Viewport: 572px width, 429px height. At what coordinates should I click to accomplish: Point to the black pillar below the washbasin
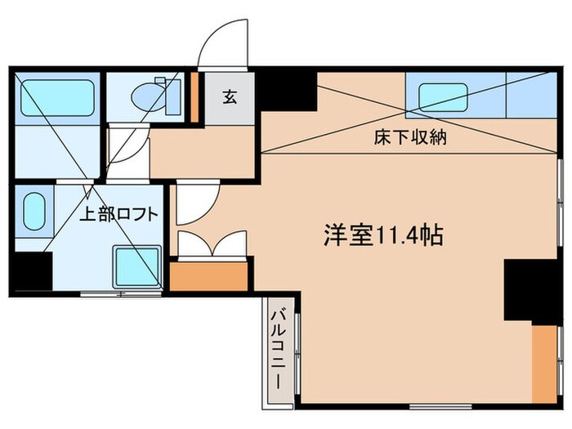pyautogui.click(x=29, y=271)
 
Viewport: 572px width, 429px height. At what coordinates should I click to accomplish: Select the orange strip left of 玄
pyautogui.click(x=195, y=97)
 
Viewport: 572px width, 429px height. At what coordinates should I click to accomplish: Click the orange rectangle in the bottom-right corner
pyautogui.click(x=543, y=359)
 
